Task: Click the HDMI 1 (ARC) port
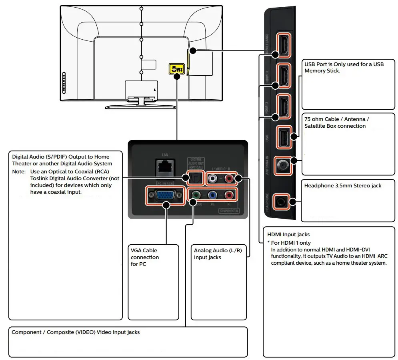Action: click(x=283, y=45)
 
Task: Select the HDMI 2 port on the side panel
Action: click(x=283, y=75)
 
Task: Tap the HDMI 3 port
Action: click(x=283, y=106)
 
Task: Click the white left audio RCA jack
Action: click(x=213, y=178)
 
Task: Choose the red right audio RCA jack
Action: click(x=229, y=178)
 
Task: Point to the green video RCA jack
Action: click(x=195, y=195)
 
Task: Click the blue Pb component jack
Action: click(x=212, y=195)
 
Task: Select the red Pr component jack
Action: click(x=229, y=195)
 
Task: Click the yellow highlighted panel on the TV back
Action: click(x=176, y=69)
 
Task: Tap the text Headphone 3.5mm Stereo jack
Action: click(x=342, y=185)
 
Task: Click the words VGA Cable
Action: click(x=144, y=250)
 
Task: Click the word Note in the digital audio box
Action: click(x=18, y=171)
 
